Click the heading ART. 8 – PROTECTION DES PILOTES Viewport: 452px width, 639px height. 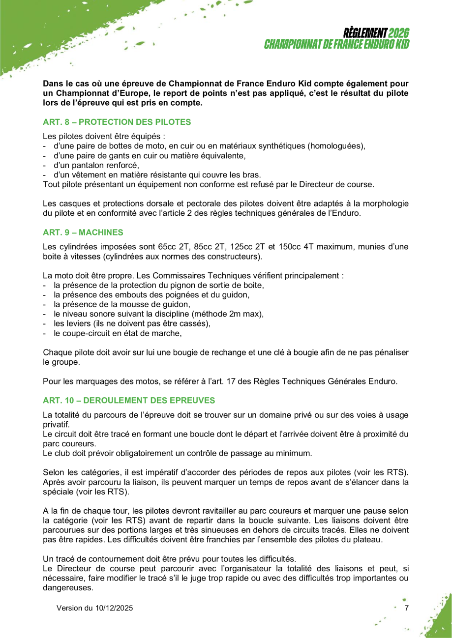(117, 121)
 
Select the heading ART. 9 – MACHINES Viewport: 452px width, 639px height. (83, 232)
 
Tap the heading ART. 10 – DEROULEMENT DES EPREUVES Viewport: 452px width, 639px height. (129, 400)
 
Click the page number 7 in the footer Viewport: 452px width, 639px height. (406, 608)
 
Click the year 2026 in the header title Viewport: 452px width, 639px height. (398, 33)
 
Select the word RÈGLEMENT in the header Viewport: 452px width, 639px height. (365, 33)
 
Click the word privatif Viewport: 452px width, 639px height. (56, 424)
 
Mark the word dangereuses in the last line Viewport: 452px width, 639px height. (68, 588)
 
